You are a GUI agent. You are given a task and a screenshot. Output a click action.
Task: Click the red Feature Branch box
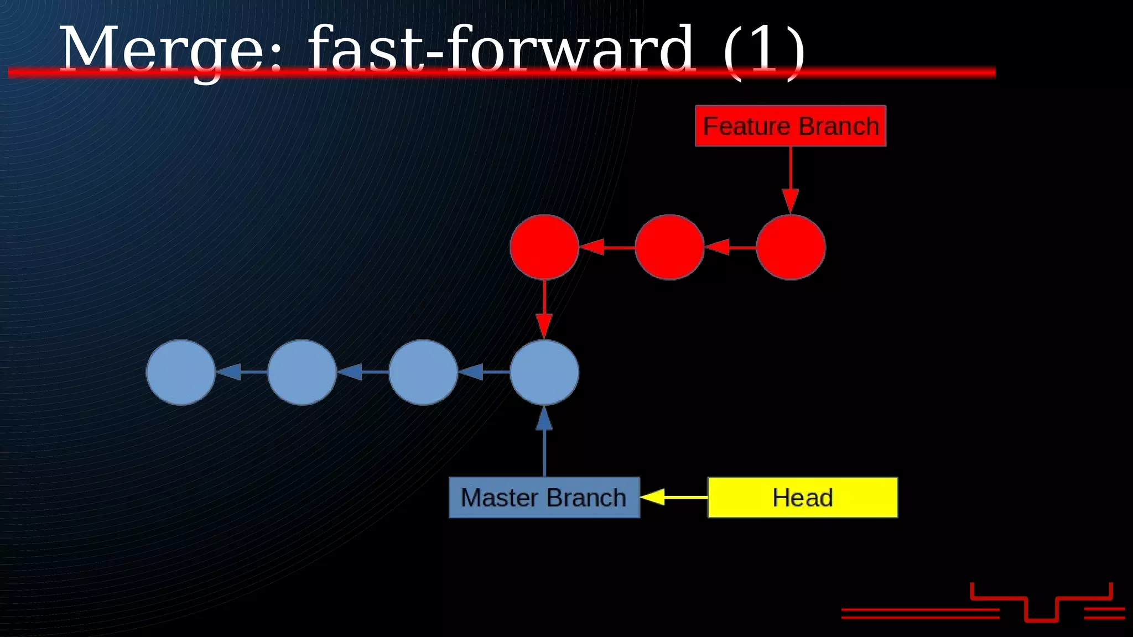(791, 126)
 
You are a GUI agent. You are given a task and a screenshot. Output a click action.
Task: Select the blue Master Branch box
(544, 498)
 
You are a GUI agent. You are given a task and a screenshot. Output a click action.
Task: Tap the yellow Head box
(803, 498)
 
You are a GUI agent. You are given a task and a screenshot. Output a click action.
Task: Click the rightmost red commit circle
(791, 247)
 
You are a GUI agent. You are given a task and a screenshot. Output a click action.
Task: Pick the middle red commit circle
(669, 247)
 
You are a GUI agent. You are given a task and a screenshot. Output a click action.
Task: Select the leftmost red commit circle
(544, 247)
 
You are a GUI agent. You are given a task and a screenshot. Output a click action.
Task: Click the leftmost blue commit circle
(180, 372)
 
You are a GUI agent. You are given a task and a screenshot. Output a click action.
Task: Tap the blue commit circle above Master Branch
(544, 372)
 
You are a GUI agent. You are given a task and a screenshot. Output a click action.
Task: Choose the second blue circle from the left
(302, 372)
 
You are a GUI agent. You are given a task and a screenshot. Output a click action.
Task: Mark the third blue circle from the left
(423, 372)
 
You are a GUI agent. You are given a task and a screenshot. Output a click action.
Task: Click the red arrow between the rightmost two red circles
(730, 247)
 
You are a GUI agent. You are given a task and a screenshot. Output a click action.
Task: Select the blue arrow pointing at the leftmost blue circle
(241, 372)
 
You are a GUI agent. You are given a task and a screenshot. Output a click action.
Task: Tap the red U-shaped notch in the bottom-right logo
(1041, 611)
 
